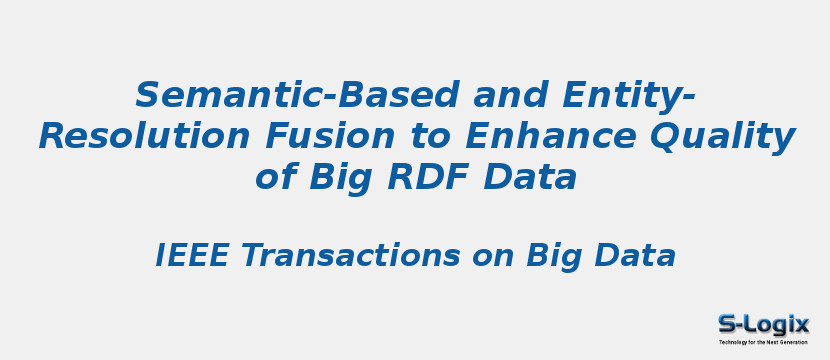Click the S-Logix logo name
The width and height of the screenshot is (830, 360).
point(763,324)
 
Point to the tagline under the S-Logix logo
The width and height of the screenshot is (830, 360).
point(763,342)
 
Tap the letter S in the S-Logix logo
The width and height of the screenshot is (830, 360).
point(727,324)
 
